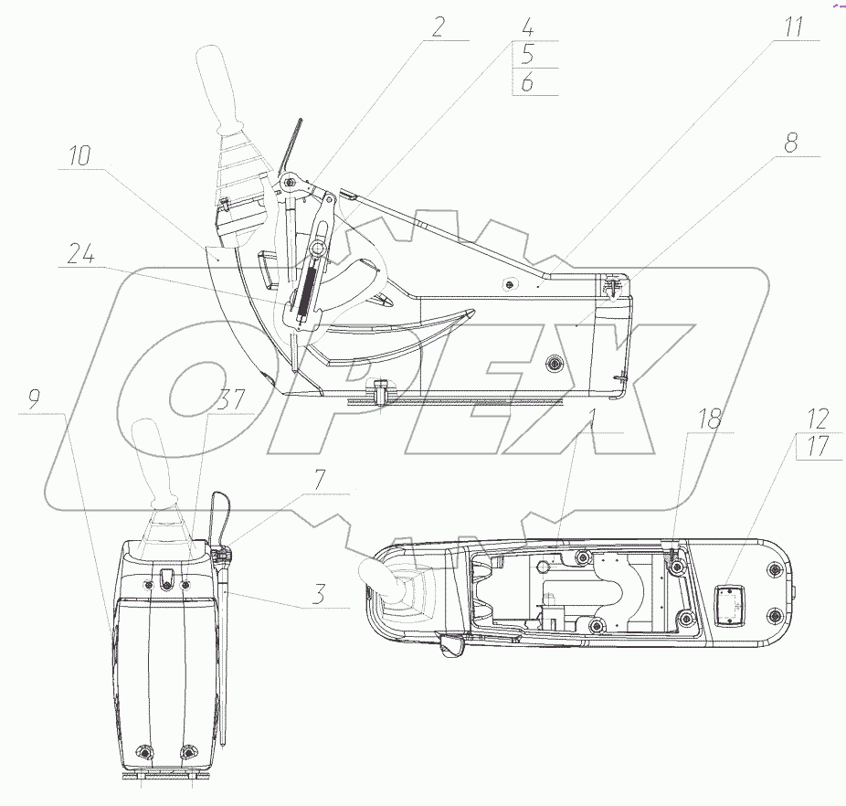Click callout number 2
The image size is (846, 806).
click(x=437, y=26)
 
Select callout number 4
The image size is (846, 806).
click(x=528, y=27)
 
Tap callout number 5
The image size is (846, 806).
click(x=528, y=55)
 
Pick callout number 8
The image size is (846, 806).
click(x=791, y=143)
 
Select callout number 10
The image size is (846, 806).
click(x=79, y=156)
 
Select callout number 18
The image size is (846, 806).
click(x=711, y=419)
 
